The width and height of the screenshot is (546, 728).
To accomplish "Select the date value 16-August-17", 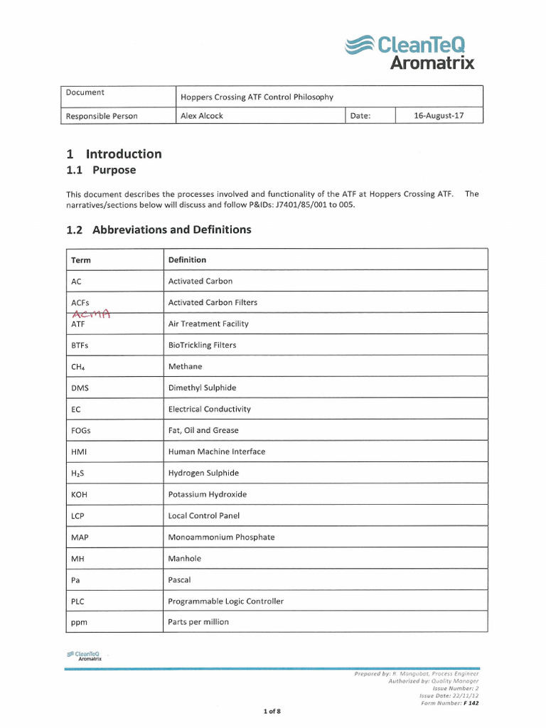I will click(439, 116).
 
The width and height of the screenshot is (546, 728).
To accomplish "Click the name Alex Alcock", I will click(202, 116).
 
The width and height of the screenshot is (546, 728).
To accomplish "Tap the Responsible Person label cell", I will click(102, 116).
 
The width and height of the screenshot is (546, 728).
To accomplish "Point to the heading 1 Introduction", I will click(114, 154).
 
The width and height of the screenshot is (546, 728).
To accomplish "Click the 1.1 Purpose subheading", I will click(101, 171).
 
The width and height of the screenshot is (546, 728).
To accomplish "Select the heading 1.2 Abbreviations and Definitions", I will click(159, 230).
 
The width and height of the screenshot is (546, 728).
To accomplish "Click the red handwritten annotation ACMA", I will click(92, 314).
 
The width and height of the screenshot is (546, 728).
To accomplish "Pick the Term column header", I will click(81, 260).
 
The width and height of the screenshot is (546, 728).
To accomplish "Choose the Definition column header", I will click(187, 260).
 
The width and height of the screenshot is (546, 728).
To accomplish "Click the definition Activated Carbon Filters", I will click(213, 302).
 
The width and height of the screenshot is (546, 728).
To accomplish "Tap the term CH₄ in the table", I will click(79, 367).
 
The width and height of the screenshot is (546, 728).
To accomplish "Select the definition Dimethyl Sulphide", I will click(202, 387).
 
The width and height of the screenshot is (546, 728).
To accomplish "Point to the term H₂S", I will click(79, 473).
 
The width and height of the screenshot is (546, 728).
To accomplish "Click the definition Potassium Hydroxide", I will click(208, 494).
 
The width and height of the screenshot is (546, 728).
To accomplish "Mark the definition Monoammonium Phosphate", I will click(221, 537).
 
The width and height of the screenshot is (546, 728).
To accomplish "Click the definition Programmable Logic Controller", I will click(225, 601).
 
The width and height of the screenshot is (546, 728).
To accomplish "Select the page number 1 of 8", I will click(272, 710).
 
